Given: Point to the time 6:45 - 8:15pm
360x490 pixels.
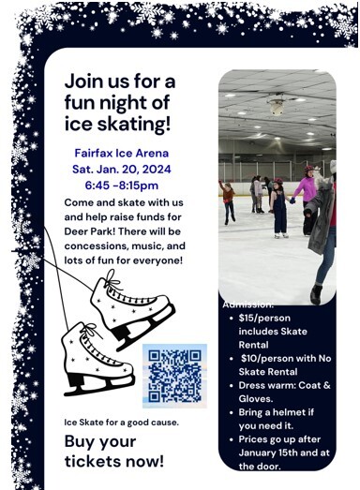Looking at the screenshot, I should tap(122, 186).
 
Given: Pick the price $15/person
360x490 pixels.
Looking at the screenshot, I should tap(266, 317).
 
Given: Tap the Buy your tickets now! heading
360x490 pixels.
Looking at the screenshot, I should tap(113, 451).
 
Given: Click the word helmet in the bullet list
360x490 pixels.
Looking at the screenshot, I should tap(295, 410).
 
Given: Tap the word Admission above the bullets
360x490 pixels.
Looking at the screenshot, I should tap(248, 304).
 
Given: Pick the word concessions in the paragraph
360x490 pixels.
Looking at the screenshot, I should tap(101, 245).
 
